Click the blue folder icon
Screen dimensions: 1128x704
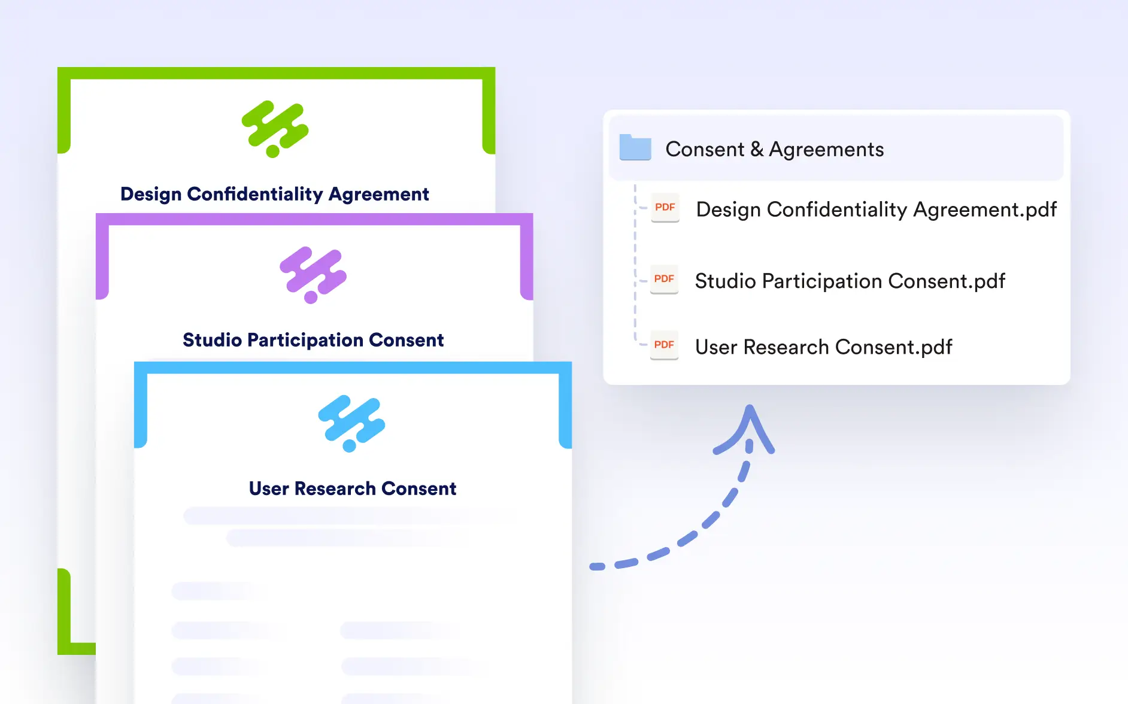click(635, 147)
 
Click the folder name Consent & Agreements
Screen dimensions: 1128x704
click(775, 149)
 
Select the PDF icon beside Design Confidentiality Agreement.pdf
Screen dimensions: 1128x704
click(665, 208)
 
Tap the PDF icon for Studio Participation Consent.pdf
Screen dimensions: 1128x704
click(664, 280)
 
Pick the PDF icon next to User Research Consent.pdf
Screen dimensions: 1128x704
click(664, 345)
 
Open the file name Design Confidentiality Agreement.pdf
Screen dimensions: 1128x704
click(877, 210)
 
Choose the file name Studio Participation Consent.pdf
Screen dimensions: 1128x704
click(850, 281)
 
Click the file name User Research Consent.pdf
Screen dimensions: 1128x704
click(824, 347)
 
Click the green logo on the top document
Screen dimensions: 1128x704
click(275, 129)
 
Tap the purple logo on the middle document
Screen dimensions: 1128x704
click(313, 275)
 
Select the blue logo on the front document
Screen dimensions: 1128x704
click(351, 423)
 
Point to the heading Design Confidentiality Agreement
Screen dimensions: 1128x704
click(275, 194)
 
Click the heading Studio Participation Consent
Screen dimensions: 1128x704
click(313, 340)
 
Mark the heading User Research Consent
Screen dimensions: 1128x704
click(353, 488)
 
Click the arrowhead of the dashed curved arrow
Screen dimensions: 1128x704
click(750, 413)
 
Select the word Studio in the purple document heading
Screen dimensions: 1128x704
click(212, 340)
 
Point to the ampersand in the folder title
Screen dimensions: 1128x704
click(757, 149)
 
